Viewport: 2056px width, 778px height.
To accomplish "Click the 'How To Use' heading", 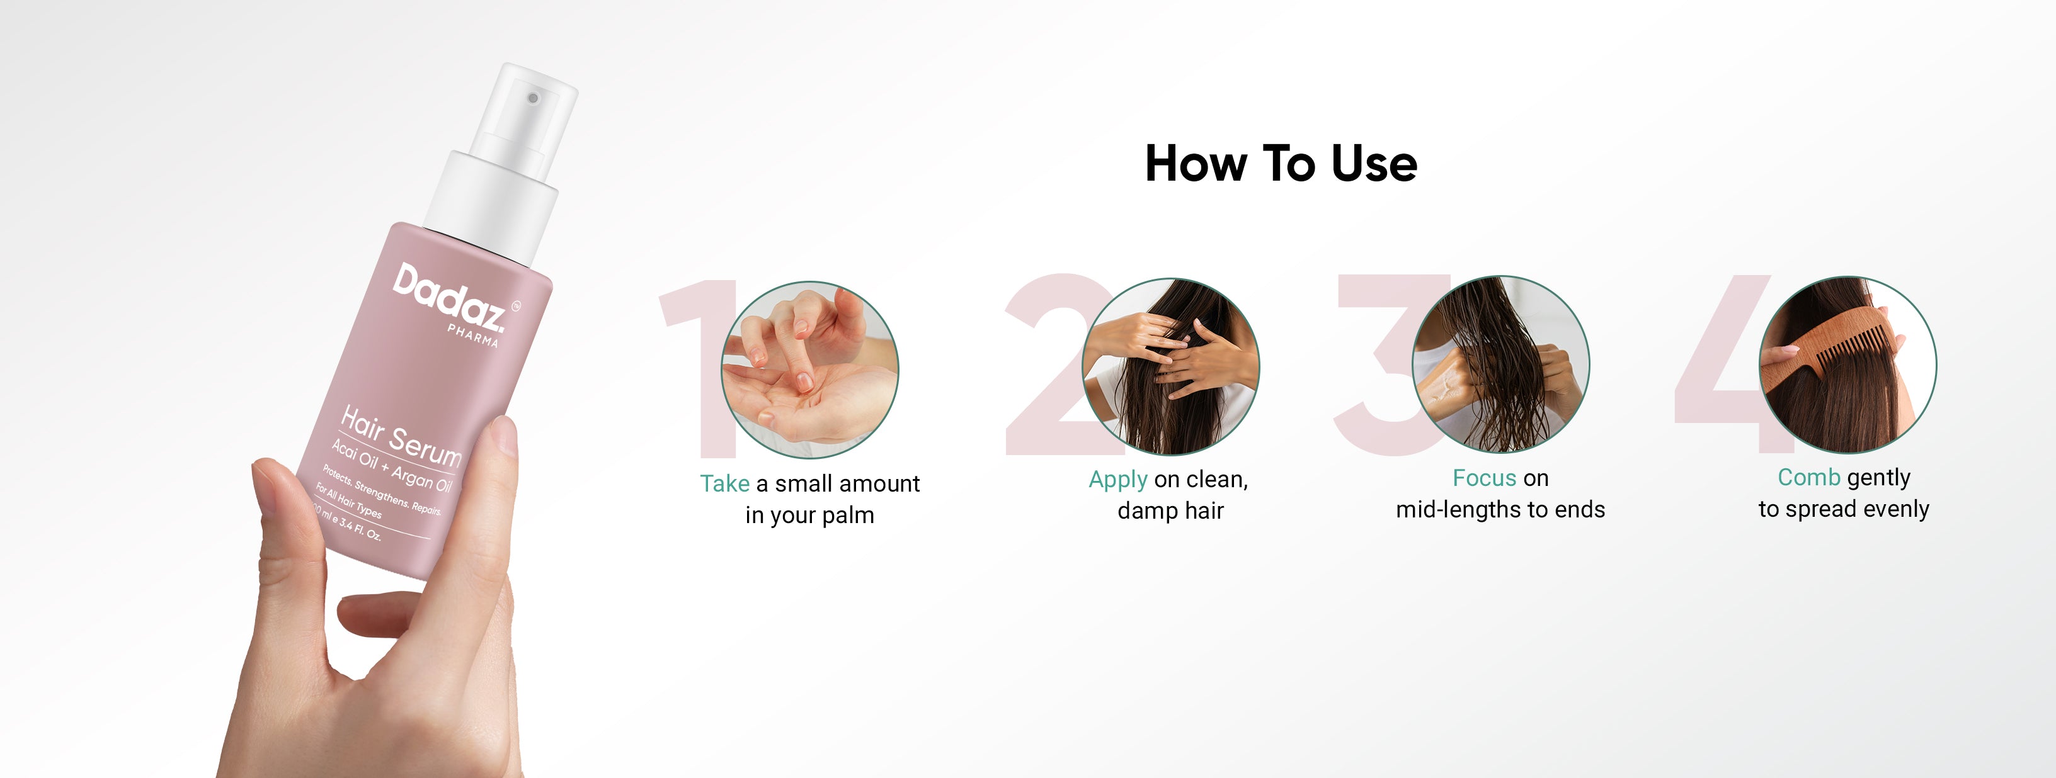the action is click(1281, 164).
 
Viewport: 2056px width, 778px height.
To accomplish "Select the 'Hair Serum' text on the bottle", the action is click(401, 436).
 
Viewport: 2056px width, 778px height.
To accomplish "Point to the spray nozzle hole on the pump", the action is click(533, 98).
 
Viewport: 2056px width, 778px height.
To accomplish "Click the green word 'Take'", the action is click(725, 483).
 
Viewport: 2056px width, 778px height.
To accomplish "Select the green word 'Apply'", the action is click(1118, 480).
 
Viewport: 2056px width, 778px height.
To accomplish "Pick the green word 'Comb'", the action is click(1808, 477).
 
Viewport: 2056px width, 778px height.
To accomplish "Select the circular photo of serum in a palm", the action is click(809, 369).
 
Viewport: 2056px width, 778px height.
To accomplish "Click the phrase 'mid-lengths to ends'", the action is click(1500, 509).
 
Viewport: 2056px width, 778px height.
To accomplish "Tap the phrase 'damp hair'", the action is click(1170, 510).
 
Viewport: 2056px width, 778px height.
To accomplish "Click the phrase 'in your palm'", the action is click(809, 516).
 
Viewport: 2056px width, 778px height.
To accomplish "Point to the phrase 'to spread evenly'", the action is click(1844, 509).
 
